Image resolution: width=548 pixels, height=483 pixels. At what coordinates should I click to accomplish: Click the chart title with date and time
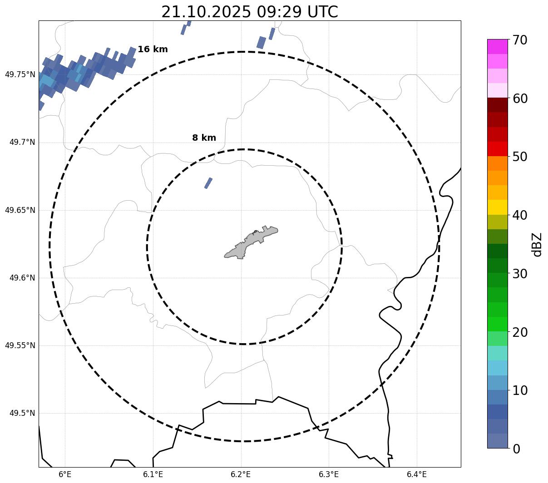(x=249, y=12)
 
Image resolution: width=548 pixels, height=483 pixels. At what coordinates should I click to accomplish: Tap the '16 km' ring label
(x=153, y=49)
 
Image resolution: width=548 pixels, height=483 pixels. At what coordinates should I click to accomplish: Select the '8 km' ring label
(x=204, y=138)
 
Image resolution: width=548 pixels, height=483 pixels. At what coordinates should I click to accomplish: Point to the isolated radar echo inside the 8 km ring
(x=208, y=183)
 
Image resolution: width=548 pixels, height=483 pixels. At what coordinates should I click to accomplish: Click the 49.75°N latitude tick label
(x=20, y=74)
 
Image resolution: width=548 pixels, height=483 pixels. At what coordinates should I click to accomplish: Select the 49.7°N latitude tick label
(x=22, y=143)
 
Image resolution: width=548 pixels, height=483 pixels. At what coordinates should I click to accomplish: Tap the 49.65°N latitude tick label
(x=20, y=210)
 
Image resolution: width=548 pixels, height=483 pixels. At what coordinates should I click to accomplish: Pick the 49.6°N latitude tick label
(x=22, y=278)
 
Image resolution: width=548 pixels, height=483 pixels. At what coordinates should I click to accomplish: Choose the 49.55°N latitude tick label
(x=20, y=345)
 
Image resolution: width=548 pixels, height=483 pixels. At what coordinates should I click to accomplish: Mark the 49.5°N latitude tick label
(x=22, y=413)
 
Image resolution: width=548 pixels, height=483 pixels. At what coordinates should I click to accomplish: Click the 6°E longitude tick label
(x=65, y=474)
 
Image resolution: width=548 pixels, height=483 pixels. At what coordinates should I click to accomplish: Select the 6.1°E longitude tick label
(x=153, y=474)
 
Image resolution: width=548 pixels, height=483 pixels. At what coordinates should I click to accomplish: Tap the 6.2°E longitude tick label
(x=241, y=474)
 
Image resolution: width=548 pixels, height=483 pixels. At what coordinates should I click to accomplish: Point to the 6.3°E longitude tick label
(x=329, y=474)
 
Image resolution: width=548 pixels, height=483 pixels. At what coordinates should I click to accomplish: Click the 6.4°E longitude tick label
(x=416, y=474)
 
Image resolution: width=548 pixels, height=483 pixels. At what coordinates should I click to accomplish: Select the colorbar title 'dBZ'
(x=537, y=244)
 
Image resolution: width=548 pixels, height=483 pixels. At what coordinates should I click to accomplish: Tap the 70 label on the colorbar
(x=520, y=40)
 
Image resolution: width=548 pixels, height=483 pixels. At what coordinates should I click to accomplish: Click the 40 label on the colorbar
(x=520, y=215)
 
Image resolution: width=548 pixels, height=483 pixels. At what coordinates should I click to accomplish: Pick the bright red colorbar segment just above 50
(x=497, y=149)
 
